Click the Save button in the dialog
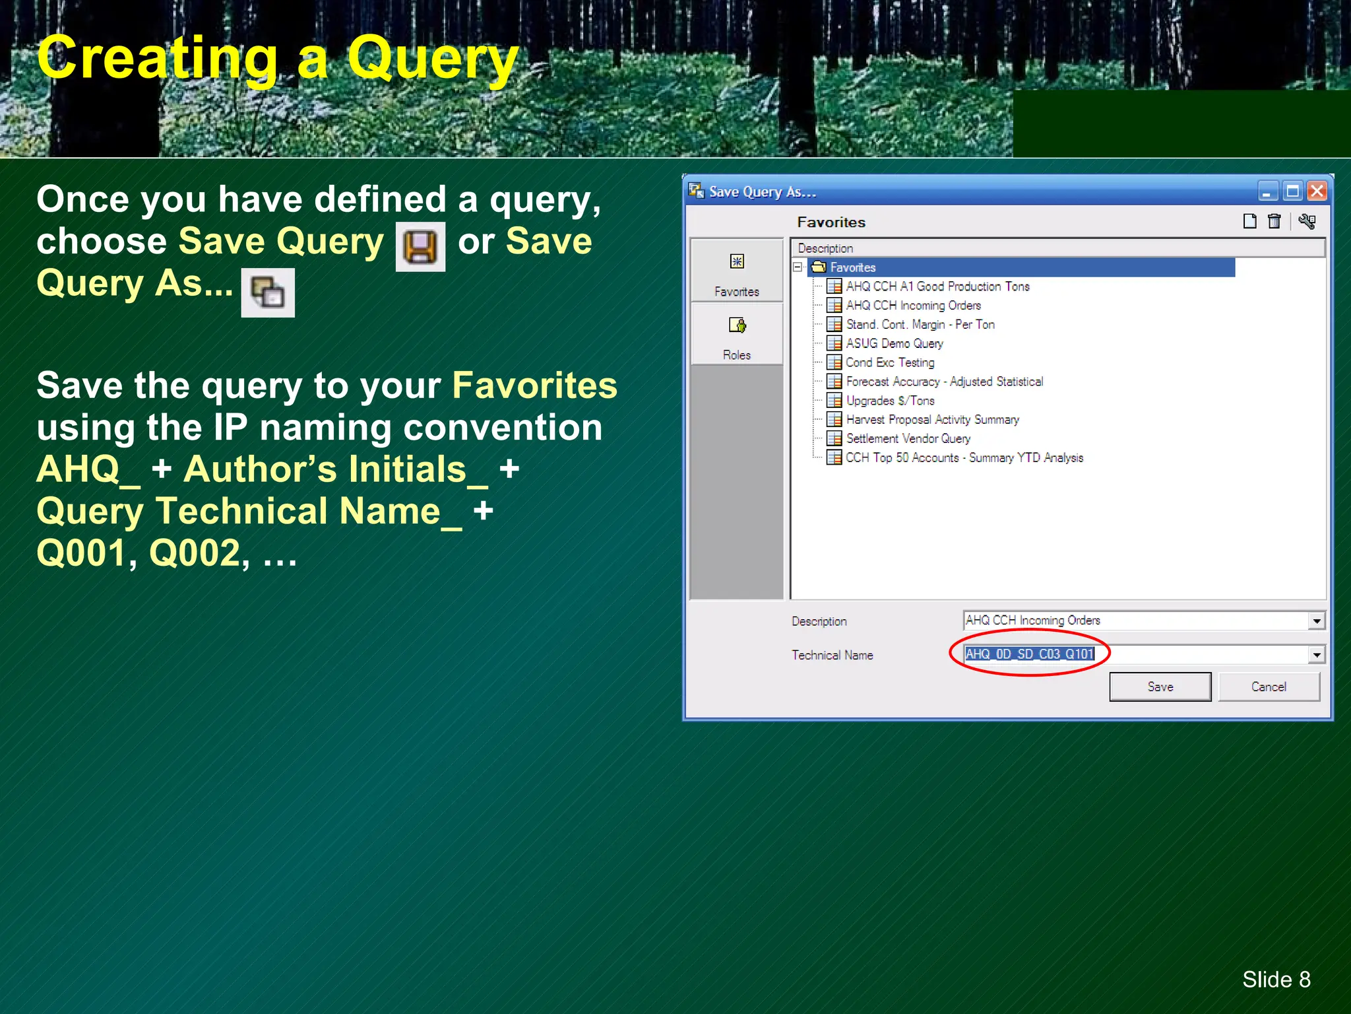(1160, 687)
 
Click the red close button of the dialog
(1317, 191)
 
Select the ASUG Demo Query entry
(894, 343)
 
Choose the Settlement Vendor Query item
(908, 438)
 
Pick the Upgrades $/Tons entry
(890, 401)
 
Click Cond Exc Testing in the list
(890, 362)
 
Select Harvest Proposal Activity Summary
(932, 420)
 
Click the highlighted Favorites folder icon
(819, 267)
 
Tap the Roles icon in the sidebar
(737, 325)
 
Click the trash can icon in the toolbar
(1274, 222)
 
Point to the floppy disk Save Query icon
(420, 247)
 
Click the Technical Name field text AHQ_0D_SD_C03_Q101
(1029, 654)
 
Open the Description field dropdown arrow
(1317, 621)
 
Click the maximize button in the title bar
(1292, 191)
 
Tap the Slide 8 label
(1276, 979)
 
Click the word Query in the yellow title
(433, 59)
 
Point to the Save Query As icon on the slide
(268, 292)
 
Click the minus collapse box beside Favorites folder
(798, 267)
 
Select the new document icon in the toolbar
(1249, 222)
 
